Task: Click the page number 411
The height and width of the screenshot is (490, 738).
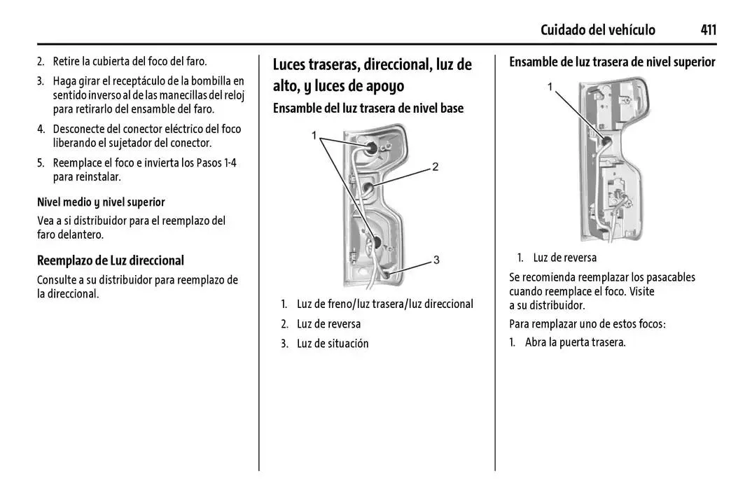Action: [709, 29]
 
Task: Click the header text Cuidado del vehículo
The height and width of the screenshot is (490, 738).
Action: [598, 29]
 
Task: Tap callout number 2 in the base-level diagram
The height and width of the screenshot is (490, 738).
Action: [436, 167]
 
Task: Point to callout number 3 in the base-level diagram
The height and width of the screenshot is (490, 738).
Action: [436, 260]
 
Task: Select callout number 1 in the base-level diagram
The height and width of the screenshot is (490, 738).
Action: [314, 136]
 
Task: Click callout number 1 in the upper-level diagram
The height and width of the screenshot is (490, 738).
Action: [550, 87]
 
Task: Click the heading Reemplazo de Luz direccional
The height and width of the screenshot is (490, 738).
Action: [111, 260]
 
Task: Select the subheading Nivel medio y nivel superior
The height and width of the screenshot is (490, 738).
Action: [102, 202]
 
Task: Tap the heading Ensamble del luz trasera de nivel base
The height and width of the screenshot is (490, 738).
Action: [368, 108]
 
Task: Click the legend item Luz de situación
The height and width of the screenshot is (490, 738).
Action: [333, 344]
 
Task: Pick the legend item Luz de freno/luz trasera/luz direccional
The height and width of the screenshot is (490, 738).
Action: [385, 304]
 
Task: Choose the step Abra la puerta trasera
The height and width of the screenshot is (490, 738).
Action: [575, 342]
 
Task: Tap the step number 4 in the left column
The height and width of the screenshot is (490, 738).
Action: [41, 129]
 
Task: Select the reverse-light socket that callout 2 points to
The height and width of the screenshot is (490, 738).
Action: [367, 189]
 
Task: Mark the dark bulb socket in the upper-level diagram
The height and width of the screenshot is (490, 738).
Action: [606, 140]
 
